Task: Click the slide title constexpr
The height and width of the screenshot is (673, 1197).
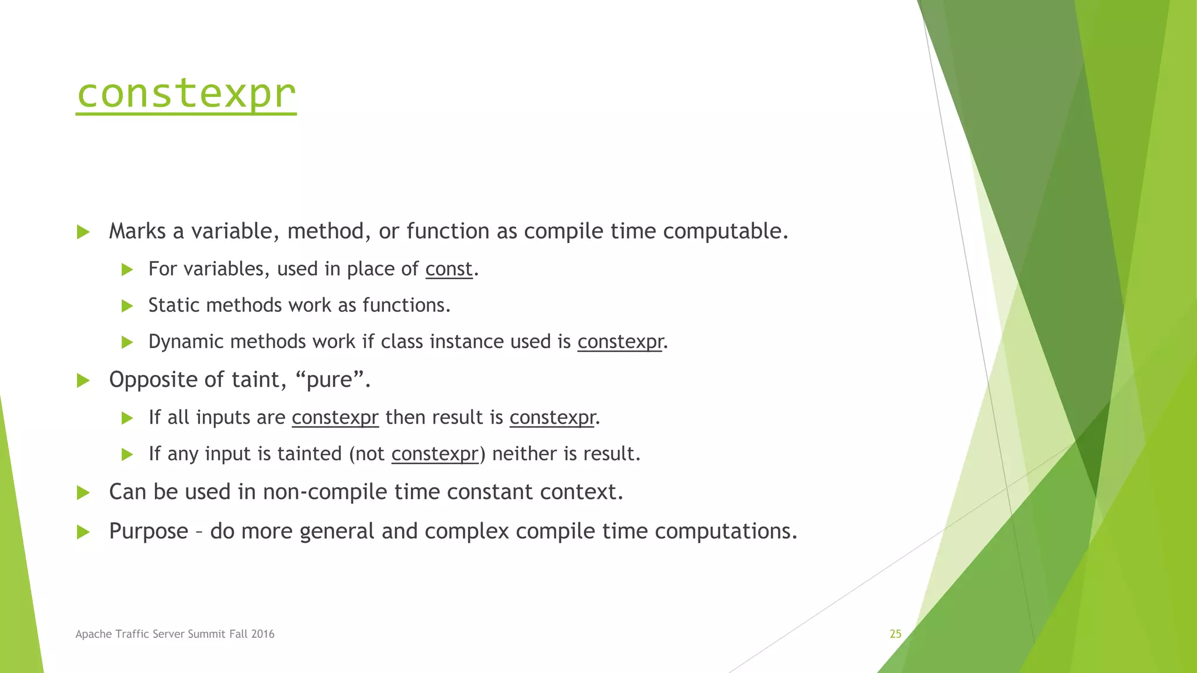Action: (x=186, y=93)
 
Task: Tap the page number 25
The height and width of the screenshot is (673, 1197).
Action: (x=895, y=634)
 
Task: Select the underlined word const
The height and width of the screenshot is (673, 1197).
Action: (x=448, y=269)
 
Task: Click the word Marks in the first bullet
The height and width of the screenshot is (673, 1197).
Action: (x=137, y=231)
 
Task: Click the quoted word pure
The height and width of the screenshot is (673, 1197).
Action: (x=330, y=380)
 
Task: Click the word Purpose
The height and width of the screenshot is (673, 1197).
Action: (x=148, y=531)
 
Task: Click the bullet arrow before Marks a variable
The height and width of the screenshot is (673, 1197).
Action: (x=83, y=232)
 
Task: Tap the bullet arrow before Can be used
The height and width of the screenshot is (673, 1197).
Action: (x=83, y=492)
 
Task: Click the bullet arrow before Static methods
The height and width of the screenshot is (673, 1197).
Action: (x=127, y=306)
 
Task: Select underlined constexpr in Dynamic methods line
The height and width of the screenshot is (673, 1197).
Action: (x=620, y=342)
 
